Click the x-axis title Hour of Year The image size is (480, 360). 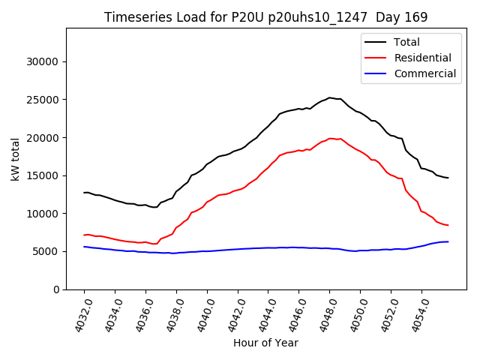click(265, 343)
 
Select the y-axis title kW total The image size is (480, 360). click(16, 159)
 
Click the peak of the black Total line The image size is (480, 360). click(329, 97)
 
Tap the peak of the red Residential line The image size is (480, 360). click(330, 138)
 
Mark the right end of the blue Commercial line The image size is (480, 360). click(448, 241)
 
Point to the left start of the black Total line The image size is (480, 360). click(84, 192)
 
